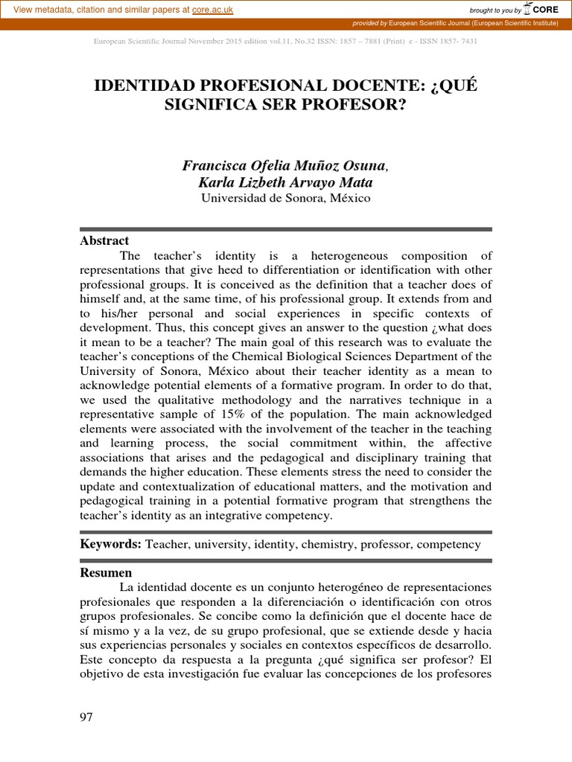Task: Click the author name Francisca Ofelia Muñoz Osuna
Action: click(285, 165)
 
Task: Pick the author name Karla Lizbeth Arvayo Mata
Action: click(285, 182)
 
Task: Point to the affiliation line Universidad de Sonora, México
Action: click(285, 199)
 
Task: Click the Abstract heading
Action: click(104, 241)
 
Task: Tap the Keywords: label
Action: click(111, 544)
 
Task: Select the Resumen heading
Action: click(106, 572)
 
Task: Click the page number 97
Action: click(86, 717)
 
